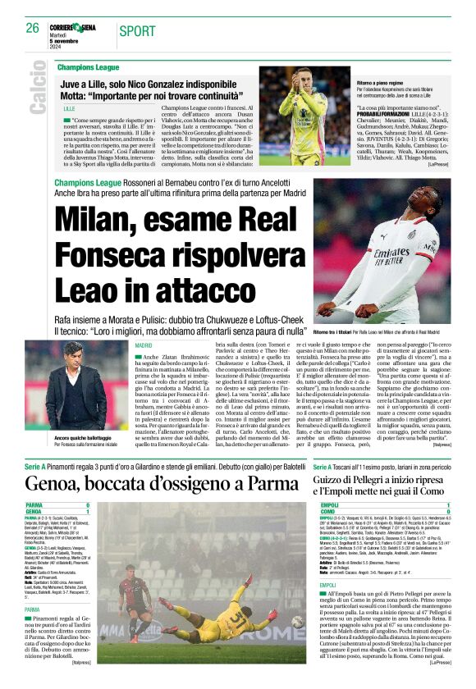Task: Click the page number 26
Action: pyautogui.click(x=32, y=28)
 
